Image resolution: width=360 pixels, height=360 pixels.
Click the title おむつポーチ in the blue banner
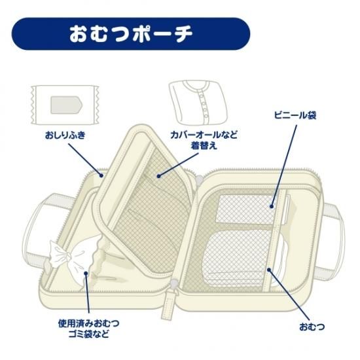click(131, 34)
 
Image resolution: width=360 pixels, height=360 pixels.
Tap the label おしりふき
click(65, 135)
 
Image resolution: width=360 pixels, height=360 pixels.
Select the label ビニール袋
click(295, 115)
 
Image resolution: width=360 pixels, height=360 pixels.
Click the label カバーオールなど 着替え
click(204, 140)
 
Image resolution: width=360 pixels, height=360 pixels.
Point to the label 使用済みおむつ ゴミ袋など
click(88, 329)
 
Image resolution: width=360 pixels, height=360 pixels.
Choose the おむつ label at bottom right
click(312, 327)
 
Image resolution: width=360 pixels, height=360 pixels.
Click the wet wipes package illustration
click(65, 105)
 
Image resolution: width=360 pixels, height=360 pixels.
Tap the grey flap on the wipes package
click(66, 105)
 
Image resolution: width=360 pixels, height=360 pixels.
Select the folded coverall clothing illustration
click(198, 102)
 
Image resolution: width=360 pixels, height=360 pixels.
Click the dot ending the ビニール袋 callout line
click(272, 206)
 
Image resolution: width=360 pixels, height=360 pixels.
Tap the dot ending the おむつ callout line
click(269, 269)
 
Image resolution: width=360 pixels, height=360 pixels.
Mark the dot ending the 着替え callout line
click(158, 176)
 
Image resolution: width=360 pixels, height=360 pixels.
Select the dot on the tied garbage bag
click(86, 273)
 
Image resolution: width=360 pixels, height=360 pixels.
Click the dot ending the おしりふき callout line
click(101, 175)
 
